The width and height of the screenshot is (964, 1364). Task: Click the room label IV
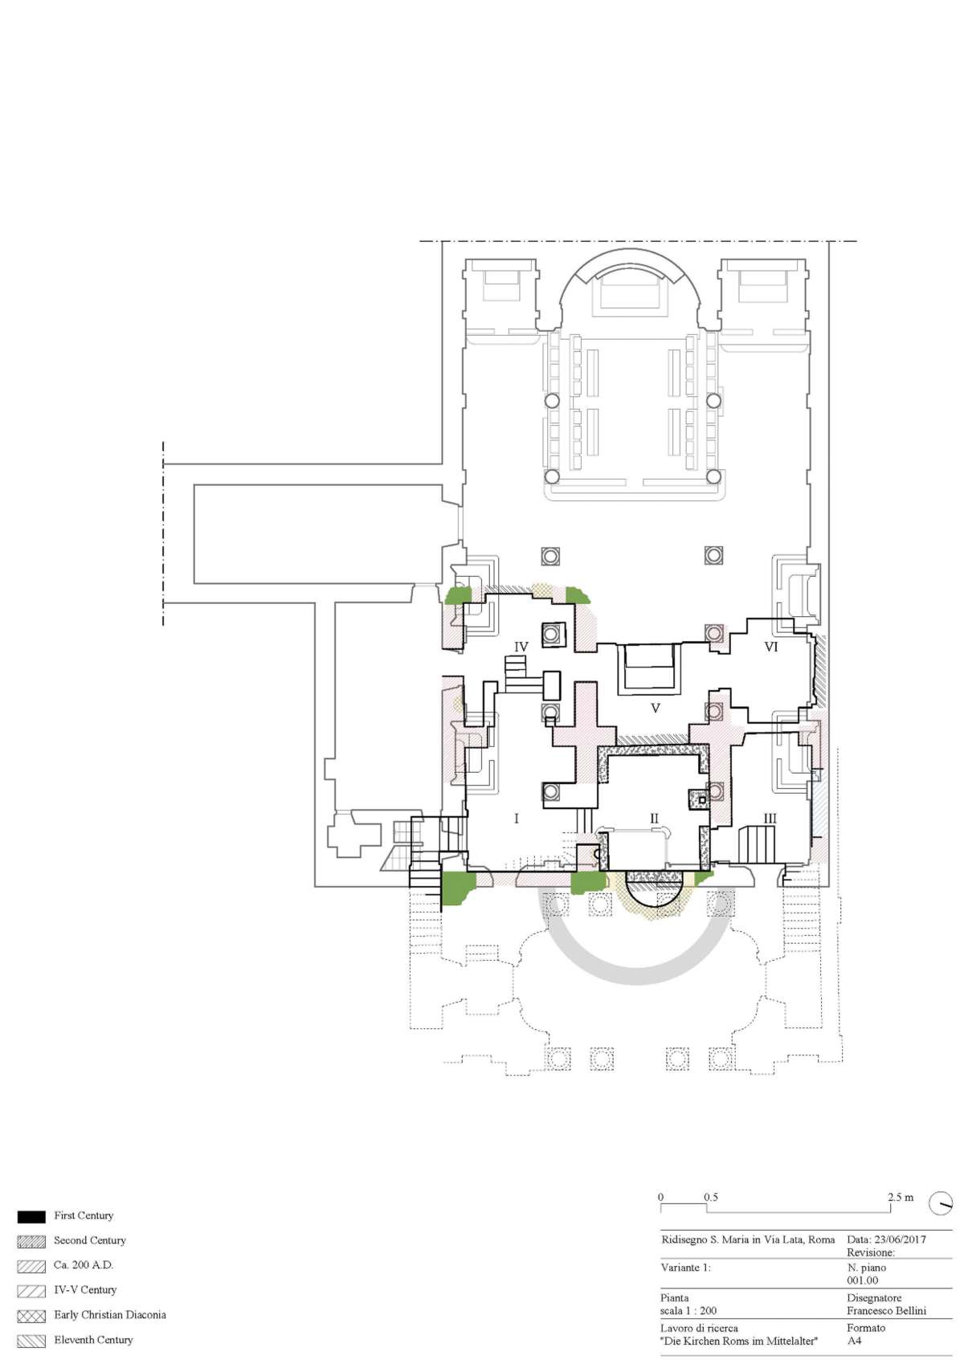click(x=521, y=647)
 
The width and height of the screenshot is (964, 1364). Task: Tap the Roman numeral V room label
click(x=656, y=709)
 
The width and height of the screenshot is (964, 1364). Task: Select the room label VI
click(x=771, y=647)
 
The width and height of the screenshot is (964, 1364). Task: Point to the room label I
click(x=517, y=819)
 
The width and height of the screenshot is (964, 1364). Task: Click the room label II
click(x=654, y=819)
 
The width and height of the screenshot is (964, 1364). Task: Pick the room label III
click(x=770, y=819)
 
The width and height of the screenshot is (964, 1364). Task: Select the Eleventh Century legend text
click(x=93, y=1339)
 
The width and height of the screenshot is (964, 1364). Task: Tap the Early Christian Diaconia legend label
click(x=109, y=1314)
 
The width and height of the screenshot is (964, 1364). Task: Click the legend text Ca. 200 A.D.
click(x=84, y=1264)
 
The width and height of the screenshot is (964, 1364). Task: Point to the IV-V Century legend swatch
click(x=31, y=1290)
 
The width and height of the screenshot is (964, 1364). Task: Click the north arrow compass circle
click(x=940, y=1203)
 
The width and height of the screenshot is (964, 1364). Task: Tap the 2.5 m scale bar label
click(x=901, y=1197)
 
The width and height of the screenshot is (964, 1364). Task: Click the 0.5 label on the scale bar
click(x=711, y=1197)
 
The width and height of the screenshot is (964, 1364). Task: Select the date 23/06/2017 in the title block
click(x=900, y=1239)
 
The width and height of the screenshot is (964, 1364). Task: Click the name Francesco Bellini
click(x=886, y=1310)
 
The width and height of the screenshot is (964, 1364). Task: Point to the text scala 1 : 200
click(x=688, y=1310)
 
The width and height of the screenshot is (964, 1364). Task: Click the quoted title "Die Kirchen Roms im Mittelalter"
click(x=739, y=1340)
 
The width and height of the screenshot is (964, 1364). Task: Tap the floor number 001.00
click(x=862, y=1280)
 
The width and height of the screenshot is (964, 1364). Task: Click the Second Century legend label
click(x=89, y=1239)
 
